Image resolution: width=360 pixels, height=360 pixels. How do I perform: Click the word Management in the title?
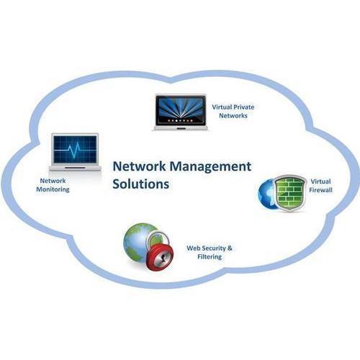pyautogui.click(x=210, y=167)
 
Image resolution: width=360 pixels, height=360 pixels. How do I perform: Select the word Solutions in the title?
pyautogui.click(x=141, y=184)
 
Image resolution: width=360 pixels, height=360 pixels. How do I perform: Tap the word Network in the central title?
pyautogui.click(x=139, y=166)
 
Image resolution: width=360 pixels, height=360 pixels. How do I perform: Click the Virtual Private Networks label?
pyautogui.click(x=233, y=111)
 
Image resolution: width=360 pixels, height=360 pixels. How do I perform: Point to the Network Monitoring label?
pyautogui.click(x=53, y=185)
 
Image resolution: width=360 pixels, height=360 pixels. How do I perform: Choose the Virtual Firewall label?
pyautogui.click(x=320, y=186)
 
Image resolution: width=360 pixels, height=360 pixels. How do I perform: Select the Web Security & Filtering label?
pyautogui.click(x=210, y=252)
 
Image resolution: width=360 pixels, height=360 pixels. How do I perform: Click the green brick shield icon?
pyautogui.click(x=290, y=194)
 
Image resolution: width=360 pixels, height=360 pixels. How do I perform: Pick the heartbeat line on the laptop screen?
pyautogui.click(x=75, y=149)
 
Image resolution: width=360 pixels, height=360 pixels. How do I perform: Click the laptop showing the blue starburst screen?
pyautogui.click(x=181, y=112)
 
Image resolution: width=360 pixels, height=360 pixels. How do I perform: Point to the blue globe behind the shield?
pyautogui.click(x=267, y=194)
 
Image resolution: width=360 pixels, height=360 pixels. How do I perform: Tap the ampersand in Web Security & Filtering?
pyautogui.click(x=230, y=248)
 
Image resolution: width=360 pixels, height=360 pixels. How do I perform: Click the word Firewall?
pyautogui.click(x=320, y=190)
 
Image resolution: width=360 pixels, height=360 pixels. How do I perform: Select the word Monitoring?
pyautogui.click(x=53, y=189)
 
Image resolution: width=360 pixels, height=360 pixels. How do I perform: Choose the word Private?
pyautogui.click(x=244, y=107)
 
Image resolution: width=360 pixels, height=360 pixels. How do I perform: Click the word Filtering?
pyautogui.click(x=210, y=257)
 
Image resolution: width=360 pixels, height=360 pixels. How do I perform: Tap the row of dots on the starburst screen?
pyautogui.click(x=180, y=120)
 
